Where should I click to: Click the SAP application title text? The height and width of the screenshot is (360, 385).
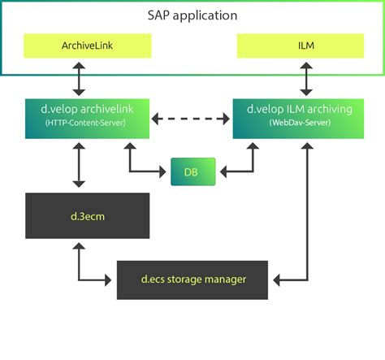pyautogui.click(x=192, y=16)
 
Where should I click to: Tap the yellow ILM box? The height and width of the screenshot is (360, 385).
pyautogui.click(x=306, y=46)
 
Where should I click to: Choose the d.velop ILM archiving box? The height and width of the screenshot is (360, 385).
pyautogui.click(x=306, y=117)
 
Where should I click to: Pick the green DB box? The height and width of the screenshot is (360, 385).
pyautogui.click(x=192, y=171)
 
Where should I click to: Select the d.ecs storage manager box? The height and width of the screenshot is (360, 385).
pyautogui.click(x=192, y=279)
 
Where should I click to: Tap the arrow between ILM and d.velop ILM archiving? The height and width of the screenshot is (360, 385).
pyautogui.click(x=306, y=79)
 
